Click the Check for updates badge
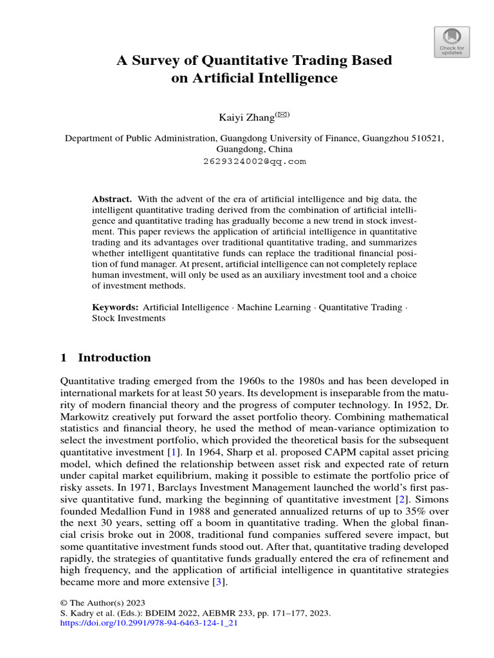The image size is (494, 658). pos(452,42)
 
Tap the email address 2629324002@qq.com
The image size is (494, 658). pos(254,161)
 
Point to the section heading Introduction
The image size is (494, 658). pos(114,358)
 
